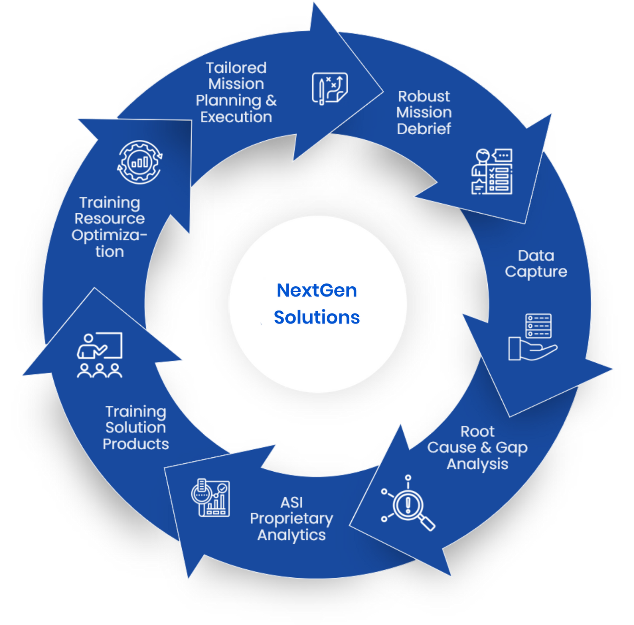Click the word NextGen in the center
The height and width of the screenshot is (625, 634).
[x=317, y=291]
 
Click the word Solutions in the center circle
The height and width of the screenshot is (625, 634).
[x=317, y=317]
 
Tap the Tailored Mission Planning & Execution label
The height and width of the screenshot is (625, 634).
[x=236, y=92]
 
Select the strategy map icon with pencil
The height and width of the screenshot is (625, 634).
[x=330, y=88]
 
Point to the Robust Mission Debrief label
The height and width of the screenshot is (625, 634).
[x=424, y=112]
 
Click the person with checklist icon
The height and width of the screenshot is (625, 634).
[x=492, y=171]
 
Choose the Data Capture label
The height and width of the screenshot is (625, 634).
[x=536, y=264]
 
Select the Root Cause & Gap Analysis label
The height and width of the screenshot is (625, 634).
[x=478, y=448]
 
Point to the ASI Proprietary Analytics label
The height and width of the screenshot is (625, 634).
[x=291, y=519]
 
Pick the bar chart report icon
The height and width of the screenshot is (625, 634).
[x=210, y=498]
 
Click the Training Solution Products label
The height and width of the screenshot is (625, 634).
[x=136, y=427]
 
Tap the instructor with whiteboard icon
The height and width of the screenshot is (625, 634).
[x=100, y=355]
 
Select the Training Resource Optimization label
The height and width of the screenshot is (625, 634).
[x=109, y=227]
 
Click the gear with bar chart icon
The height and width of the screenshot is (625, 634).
[x=140, y=162]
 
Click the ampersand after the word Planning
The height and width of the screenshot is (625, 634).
[x=271, y=101]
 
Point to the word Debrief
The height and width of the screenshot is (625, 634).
[x=424, y=128]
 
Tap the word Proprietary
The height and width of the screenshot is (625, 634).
[x=291, y=519]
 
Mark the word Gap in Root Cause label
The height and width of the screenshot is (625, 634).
[x=511, y=448]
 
